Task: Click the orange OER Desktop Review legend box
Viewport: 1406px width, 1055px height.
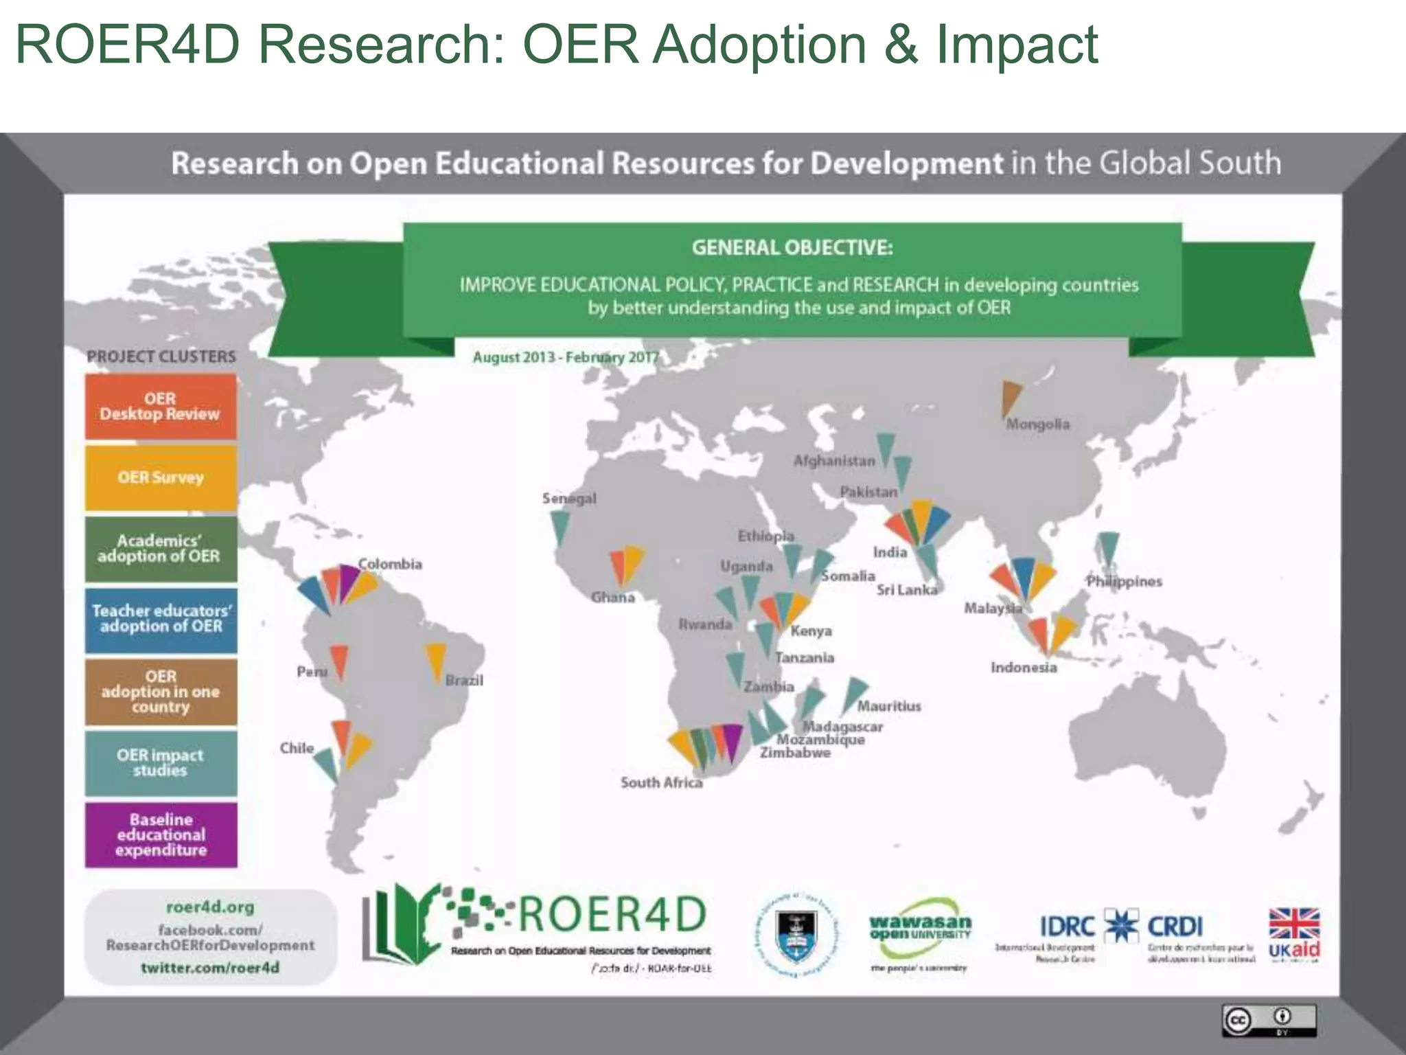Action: click(161, 407)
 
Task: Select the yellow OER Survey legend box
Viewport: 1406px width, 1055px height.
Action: click(161, 478)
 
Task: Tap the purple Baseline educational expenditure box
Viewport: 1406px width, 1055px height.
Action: click(161, 835)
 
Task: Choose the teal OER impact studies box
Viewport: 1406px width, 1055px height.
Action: click(161, 762)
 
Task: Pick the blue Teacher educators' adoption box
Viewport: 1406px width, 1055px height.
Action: click(161, 619)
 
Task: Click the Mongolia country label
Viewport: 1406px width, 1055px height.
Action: click(1037, 424)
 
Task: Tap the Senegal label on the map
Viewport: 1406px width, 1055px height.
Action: click(569, 499)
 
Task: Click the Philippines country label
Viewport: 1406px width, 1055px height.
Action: click(1124, 582)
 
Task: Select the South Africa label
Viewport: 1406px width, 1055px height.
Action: click(661, 783)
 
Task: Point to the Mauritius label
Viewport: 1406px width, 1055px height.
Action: click(889, 706)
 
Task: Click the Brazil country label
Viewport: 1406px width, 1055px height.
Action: click(464, 681)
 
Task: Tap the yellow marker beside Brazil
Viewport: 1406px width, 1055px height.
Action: click(436, 661)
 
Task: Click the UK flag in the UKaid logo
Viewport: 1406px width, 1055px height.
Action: click(1294, 923)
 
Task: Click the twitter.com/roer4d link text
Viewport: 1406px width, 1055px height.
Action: click(210, 968)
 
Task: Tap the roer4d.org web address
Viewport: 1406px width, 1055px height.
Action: click(210, 907)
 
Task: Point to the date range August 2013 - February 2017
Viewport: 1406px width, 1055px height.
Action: click(565, 358)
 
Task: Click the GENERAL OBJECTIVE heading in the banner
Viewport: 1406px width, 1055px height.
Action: click(792, 247)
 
